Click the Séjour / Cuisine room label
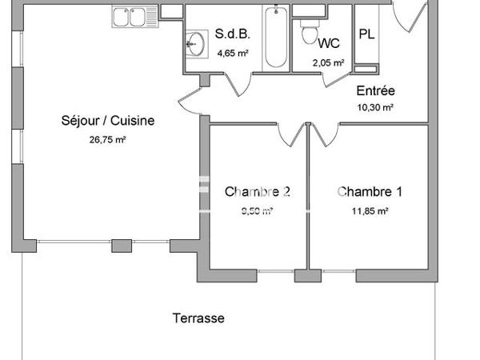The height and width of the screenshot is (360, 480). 107,122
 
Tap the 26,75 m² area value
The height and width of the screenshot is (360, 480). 107,138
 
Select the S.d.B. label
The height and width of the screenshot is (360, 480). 232,34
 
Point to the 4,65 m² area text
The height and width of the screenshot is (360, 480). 232,53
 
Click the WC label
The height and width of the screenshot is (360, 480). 329,43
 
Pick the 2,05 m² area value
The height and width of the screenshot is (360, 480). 329,62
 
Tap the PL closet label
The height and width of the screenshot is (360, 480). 367,34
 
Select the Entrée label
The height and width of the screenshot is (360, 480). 375,91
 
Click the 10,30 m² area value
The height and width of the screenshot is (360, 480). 375,107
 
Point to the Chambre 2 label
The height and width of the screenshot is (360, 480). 257,192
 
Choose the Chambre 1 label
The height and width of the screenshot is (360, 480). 369,192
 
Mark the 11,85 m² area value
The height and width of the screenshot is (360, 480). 369,211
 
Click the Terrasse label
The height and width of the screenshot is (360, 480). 198,318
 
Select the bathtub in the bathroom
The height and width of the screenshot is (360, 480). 276,36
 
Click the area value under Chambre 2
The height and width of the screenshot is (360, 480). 257,211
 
